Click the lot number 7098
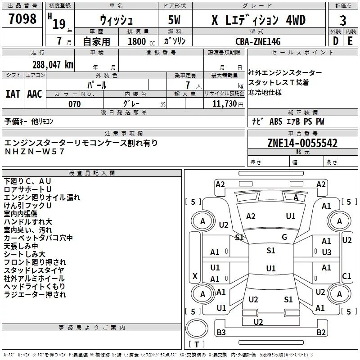click(22, 19)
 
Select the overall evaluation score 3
click(343, 20)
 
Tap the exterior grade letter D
click(335, 41)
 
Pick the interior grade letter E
click(350, 41)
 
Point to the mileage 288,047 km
click(52, 64)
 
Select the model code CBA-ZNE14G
click(258, 41)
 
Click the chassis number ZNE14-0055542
click(302, 143)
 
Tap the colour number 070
click(74, 104)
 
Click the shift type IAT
click(13, 94)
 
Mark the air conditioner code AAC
click(35, 94)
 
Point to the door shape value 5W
click(175, 21)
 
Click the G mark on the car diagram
click(284, 237)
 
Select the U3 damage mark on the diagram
click(327, 252)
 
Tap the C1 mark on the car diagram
click(346, 276)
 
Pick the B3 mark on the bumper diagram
click(221, 333)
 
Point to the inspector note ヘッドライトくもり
click(34, 287)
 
